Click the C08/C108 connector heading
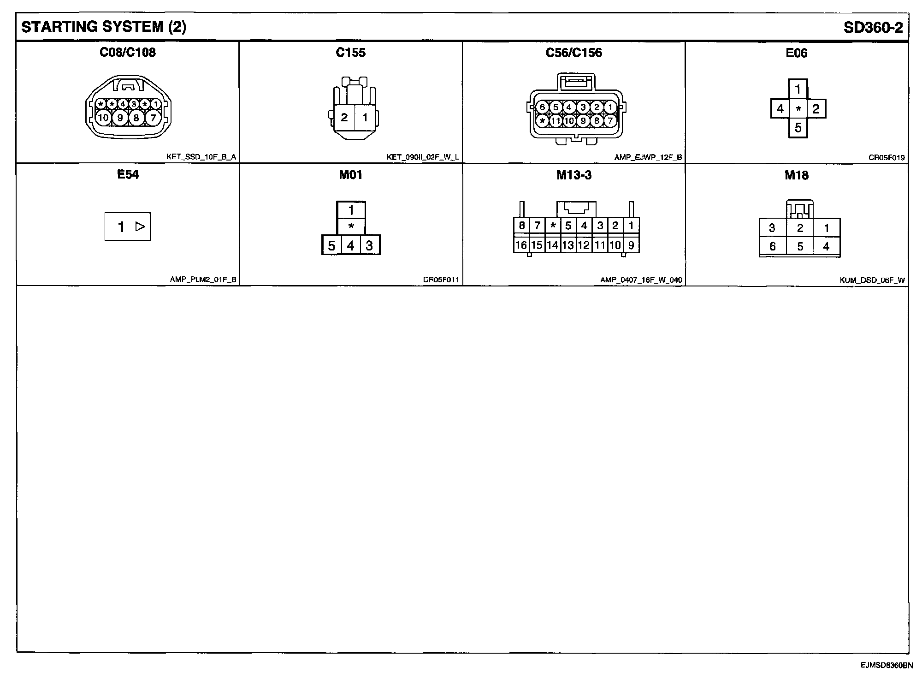pyautogui.click(x=128, y=52)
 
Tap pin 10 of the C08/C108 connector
pyautogui.click(x=103, y=118)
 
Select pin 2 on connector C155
pyautogui.click(x=344, y=117)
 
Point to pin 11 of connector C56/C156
pyautogui.click(x=556, y=121)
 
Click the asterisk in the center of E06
pyautogui.click(x=798, y=109)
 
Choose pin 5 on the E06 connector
pyautogui.click(x=798, y=127)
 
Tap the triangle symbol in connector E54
pyautogui.click(x=140, y=226)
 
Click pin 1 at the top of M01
pyautogui.click(x=351, y=210)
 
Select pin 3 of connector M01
pyautogui.click(x=369, y=245)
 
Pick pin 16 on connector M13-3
pyautogui.click(x=521, y=245)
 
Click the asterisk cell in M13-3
pyautogui.click(x=553, y=226)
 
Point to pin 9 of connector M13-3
pyautogui.click(x=631, y=245)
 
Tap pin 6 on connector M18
pyautogui.click(x=773, y=246)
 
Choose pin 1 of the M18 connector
pyautogui.click(x=826, y=228)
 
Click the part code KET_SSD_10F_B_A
pyautogui.click(x=201, y=157)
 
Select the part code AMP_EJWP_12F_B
pyautogui.click(x=648, y=157)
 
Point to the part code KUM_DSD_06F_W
pyautogui.click(x=872, y=280)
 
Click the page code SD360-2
pyautogui.click(x=873, y=28)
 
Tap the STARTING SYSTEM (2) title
pyautogui.click(x=104, y=27)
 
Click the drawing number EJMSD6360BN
pyautogui.click(x=886, y=665)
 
